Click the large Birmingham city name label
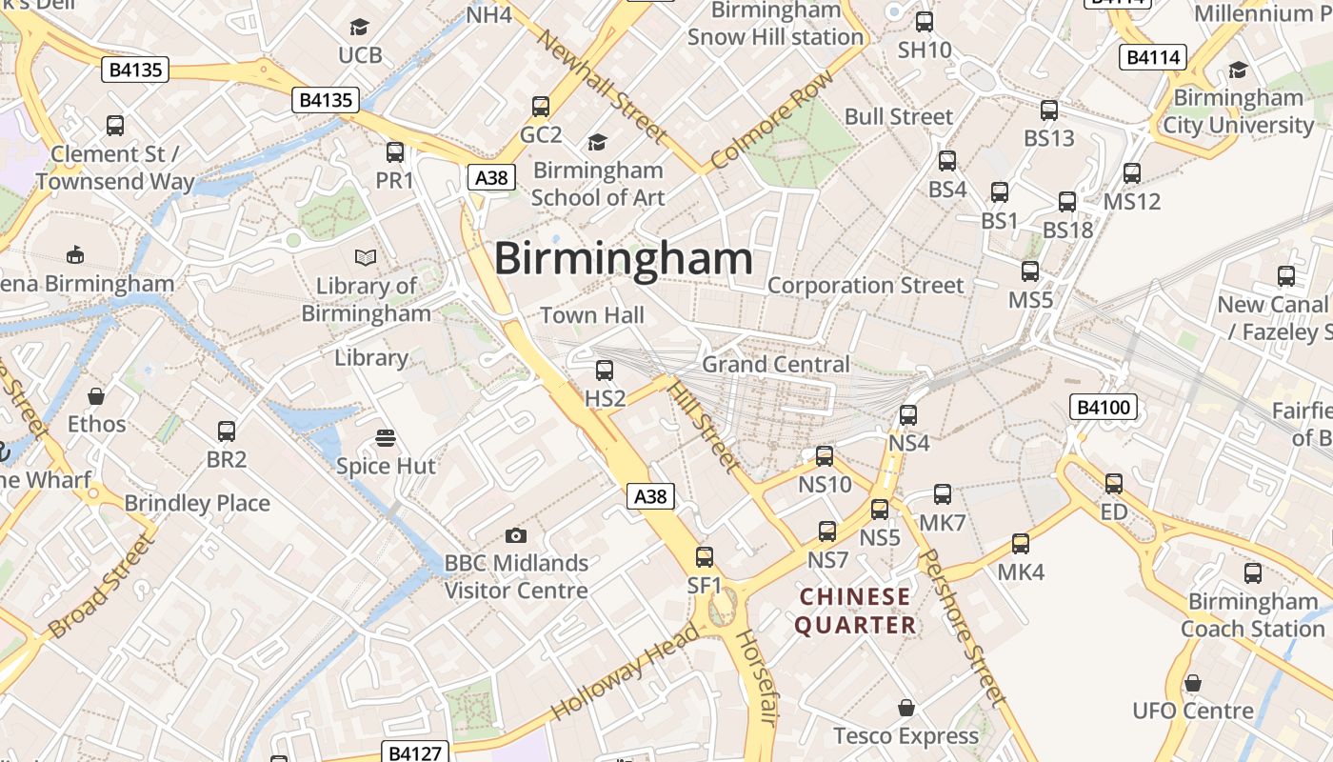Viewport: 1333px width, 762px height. click(x=623, y=259)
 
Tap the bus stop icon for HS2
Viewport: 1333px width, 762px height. click(x=604, y=371)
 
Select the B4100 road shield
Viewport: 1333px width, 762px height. click(x=1104, y=408)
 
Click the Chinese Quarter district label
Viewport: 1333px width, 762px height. click(x=855, y=612)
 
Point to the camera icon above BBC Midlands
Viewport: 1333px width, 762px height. click(x=516, y=536)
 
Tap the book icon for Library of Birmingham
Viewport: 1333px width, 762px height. click(x=366, y=257)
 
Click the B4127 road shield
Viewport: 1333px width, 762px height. click(x=414, y=752)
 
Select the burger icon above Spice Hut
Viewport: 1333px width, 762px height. click(x=386, y=438)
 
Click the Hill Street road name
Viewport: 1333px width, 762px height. click(x=704, y=425)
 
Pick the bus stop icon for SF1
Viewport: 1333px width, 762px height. click(x=705, y=557)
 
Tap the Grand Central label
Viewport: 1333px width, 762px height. click(x=775, y=364)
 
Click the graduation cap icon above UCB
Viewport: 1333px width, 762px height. click(x=360, y=27)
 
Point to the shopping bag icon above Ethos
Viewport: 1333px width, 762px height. click(x=96, y=395)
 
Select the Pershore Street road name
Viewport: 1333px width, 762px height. click(x=963, y=629)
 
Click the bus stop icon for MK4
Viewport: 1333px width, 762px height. click(x=1021, y=544)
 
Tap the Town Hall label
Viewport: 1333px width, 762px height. click(x=592, y=315)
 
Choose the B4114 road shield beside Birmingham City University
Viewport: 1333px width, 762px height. click(x=1153, y=57)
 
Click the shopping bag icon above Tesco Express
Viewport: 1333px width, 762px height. click(x=906, y=708)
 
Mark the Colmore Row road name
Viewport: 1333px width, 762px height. click(x=772, y=120)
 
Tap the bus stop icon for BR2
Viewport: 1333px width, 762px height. click(x=227, y=431)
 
